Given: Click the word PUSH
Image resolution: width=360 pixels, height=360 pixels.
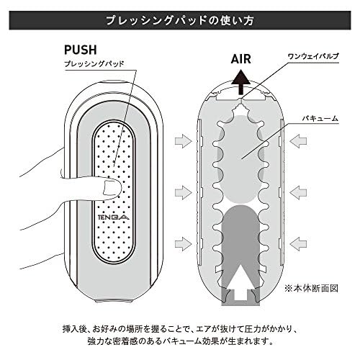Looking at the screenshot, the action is (81, 50).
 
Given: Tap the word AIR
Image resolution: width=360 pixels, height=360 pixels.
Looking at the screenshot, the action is (241, 59).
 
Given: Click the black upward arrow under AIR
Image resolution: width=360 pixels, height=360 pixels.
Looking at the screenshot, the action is (241, 81).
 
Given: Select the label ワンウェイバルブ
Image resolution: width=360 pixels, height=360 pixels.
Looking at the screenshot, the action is (313, 56).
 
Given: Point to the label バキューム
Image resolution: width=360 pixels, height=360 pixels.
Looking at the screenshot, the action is (320, 118).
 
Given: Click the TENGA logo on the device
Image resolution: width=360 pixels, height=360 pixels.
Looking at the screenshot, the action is (114, 217).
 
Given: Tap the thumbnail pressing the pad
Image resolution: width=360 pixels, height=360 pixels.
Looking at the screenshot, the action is (111, 187).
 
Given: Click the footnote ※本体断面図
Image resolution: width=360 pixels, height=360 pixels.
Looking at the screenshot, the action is (312, 288).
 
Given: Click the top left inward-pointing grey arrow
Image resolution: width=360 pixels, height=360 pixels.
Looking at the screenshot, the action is (184, 141).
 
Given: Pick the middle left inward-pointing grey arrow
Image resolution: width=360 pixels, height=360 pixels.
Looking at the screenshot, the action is (184, 192).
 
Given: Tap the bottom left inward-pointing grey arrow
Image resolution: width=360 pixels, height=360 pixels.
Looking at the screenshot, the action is (184, 243).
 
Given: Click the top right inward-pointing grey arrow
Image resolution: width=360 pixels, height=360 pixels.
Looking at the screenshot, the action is (298, 141).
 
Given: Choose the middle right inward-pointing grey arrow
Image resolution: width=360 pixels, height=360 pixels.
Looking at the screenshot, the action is (298, 192).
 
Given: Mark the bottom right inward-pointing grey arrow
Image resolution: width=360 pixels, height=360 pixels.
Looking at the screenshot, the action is (298, 243).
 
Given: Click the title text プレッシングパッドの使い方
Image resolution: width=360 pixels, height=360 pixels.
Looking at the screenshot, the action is (180, 20).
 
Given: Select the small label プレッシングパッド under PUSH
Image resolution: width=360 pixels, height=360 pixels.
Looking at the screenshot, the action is (94, 64).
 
